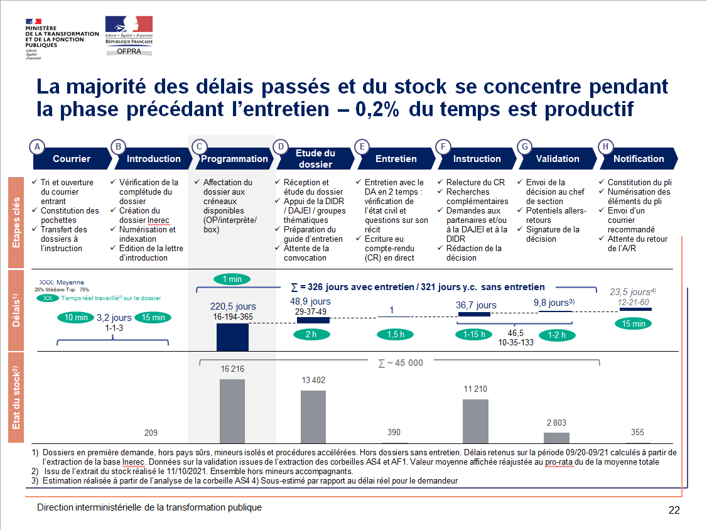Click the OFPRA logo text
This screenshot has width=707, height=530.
point(129,52)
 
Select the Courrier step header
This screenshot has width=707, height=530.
point(71,159)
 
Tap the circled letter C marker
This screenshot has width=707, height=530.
point(199,147)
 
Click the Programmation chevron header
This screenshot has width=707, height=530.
point(234,159)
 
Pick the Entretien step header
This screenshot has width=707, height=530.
point(396,159)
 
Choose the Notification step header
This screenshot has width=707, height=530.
point(638,159)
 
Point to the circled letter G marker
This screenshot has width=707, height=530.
point(525,147)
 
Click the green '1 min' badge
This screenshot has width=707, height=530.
point(232,279)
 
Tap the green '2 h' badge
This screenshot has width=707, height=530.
point(311,335)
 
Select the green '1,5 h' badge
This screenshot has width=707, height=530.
point(396,335)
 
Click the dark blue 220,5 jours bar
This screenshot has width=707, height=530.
point(232,337)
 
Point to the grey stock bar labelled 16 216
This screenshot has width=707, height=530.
point(232,411)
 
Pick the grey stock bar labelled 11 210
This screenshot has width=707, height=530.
point(475,421)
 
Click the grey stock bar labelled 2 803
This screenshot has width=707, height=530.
point(556,438)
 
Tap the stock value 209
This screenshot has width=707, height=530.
point(151,433)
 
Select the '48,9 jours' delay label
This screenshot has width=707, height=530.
point(311,302)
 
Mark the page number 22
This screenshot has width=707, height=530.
point(674,510)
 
